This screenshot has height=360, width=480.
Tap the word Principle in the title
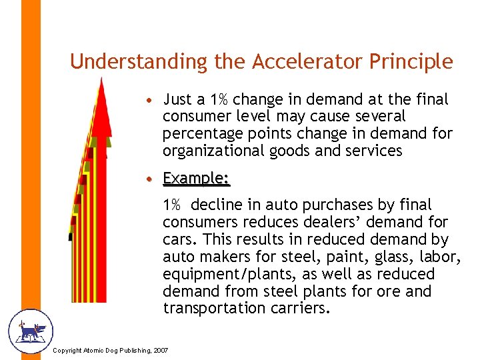(x=413, y=61)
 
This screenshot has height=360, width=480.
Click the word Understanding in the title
(x=139, y=61)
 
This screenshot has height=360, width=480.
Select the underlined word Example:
(x=197, y=178)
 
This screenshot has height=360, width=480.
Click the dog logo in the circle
(x=29, y=331)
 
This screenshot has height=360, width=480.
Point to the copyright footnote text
(x=110, y=351)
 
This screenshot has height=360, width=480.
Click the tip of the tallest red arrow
(x=101, y=80)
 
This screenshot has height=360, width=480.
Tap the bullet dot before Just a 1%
(x=153, y=101)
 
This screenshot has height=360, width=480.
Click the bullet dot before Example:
(x=153, y=179)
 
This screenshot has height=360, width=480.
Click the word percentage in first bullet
(x=201, y=133)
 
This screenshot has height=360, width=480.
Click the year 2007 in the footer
(x=160, y=351)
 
